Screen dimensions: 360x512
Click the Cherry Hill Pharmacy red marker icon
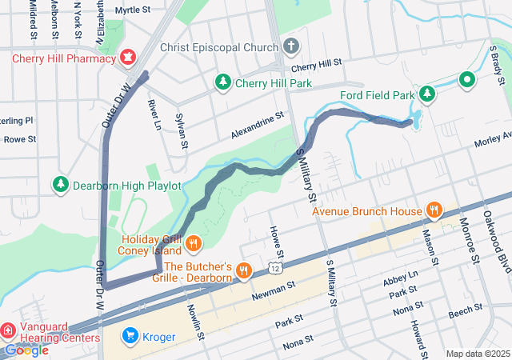tap(127, 57)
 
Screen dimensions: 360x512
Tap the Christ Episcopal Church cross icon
tap(291, 46)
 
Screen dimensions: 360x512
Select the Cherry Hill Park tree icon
tap(224, 82)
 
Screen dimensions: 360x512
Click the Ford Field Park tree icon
tap(428, 94)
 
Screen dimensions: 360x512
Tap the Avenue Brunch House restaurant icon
tap(434, 210)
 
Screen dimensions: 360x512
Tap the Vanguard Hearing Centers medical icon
tap(7, 330)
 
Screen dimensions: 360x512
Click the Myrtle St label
tap(133, 10)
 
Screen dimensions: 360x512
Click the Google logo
tap(26, 350)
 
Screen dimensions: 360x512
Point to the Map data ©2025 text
tap(477, 354)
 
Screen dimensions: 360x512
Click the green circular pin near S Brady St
tap(466, 79)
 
